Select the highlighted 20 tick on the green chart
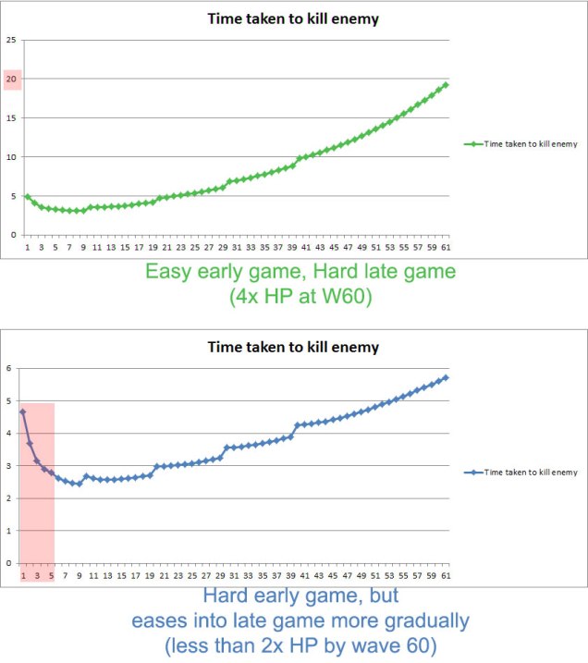click(x=12, y=80)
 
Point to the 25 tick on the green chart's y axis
click(x=11, y=40)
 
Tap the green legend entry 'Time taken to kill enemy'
click(x=523, y=145)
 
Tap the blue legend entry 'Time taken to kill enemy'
click(x=523, y=473)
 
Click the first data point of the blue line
click(x=23, y=411)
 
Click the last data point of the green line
click(x=445, y=85)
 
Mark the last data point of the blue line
click(x=445, y=377)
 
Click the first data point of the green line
click(x=27, y=196)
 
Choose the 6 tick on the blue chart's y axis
click(x=9, y=368)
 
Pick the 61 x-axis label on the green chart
click(x=445, y=246)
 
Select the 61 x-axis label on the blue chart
click(x=445, y=574)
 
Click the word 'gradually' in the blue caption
click(x=424, y=619)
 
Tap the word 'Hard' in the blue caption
click(x=225, y=595)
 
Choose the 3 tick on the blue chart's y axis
click(x=9, y=466)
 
